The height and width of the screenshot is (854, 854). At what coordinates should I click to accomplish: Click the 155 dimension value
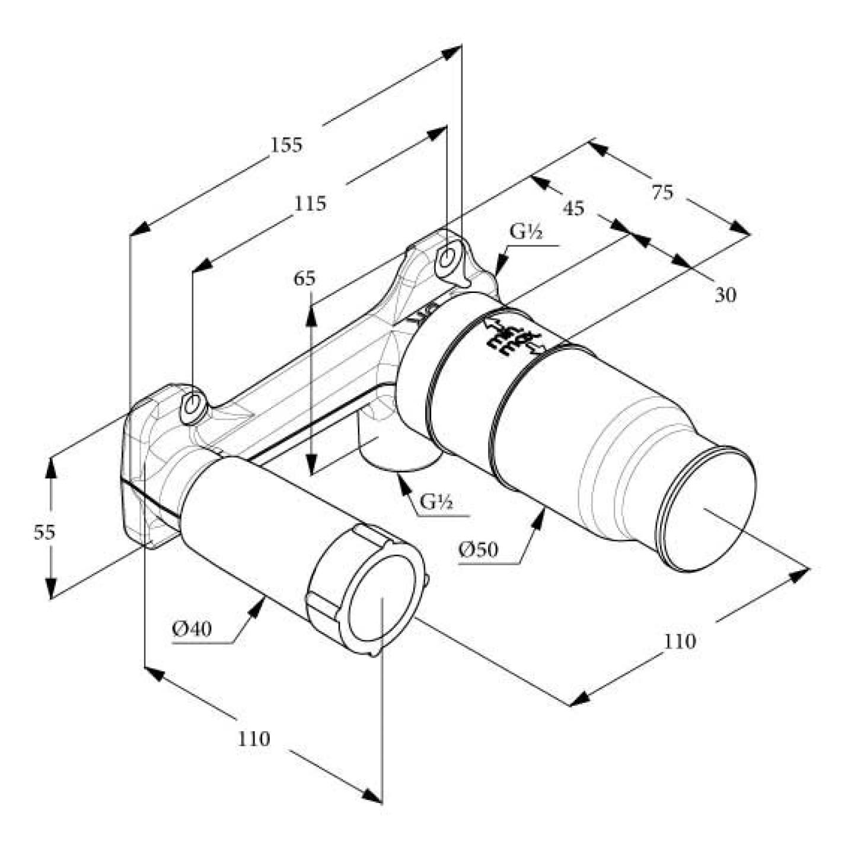tap(286, 145)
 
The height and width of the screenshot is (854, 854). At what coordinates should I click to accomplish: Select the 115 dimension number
tap(310, 203)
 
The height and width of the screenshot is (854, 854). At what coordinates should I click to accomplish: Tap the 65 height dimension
tap(305, 278)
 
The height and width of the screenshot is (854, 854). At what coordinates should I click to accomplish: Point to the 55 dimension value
tap(44, 532)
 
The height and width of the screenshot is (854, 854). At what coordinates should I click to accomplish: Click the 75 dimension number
tap(662, 193)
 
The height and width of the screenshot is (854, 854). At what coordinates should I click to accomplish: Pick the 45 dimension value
tap(573, 208)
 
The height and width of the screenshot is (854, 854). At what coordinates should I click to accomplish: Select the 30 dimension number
tap(725, 295)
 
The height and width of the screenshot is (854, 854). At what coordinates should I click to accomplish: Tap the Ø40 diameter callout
tap(192, 628)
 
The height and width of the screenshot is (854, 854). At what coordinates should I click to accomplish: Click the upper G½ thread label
tap(526, 233)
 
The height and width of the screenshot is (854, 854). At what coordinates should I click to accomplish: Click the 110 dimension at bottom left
tap(254, 739)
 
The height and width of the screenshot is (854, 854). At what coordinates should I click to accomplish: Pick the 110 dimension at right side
tap(680, 641)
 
